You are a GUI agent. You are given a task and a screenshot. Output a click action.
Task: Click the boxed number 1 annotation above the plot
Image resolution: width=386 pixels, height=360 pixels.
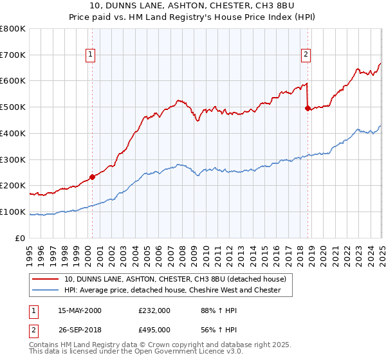pos(91,55)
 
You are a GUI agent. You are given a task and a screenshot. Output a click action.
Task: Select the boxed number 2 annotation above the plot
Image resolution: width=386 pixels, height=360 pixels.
pos(306,55)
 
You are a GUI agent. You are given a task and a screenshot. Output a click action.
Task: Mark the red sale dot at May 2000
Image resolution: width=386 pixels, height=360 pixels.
pos(92,177)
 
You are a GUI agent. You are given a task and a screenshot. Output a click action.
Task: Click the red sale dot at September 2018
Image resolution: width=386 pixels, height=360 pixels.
pos(308,108)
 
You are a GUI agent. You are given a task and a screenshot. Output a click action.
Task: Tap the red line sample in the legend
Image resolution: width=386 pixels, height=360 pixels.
pos(45,279)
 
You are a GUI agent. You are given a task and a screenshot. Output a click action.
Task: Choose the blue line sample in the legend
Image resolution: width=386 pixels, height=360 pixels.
pos(45,290)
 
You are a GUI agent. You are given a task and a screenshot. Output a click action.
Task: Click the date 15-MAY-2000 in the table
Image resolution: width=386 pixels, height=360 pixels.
pos(80,310)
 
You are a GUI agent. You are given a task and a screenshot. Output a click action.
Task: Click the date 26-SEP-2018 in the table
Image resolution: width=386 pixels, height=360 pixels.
pos(79,330)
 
